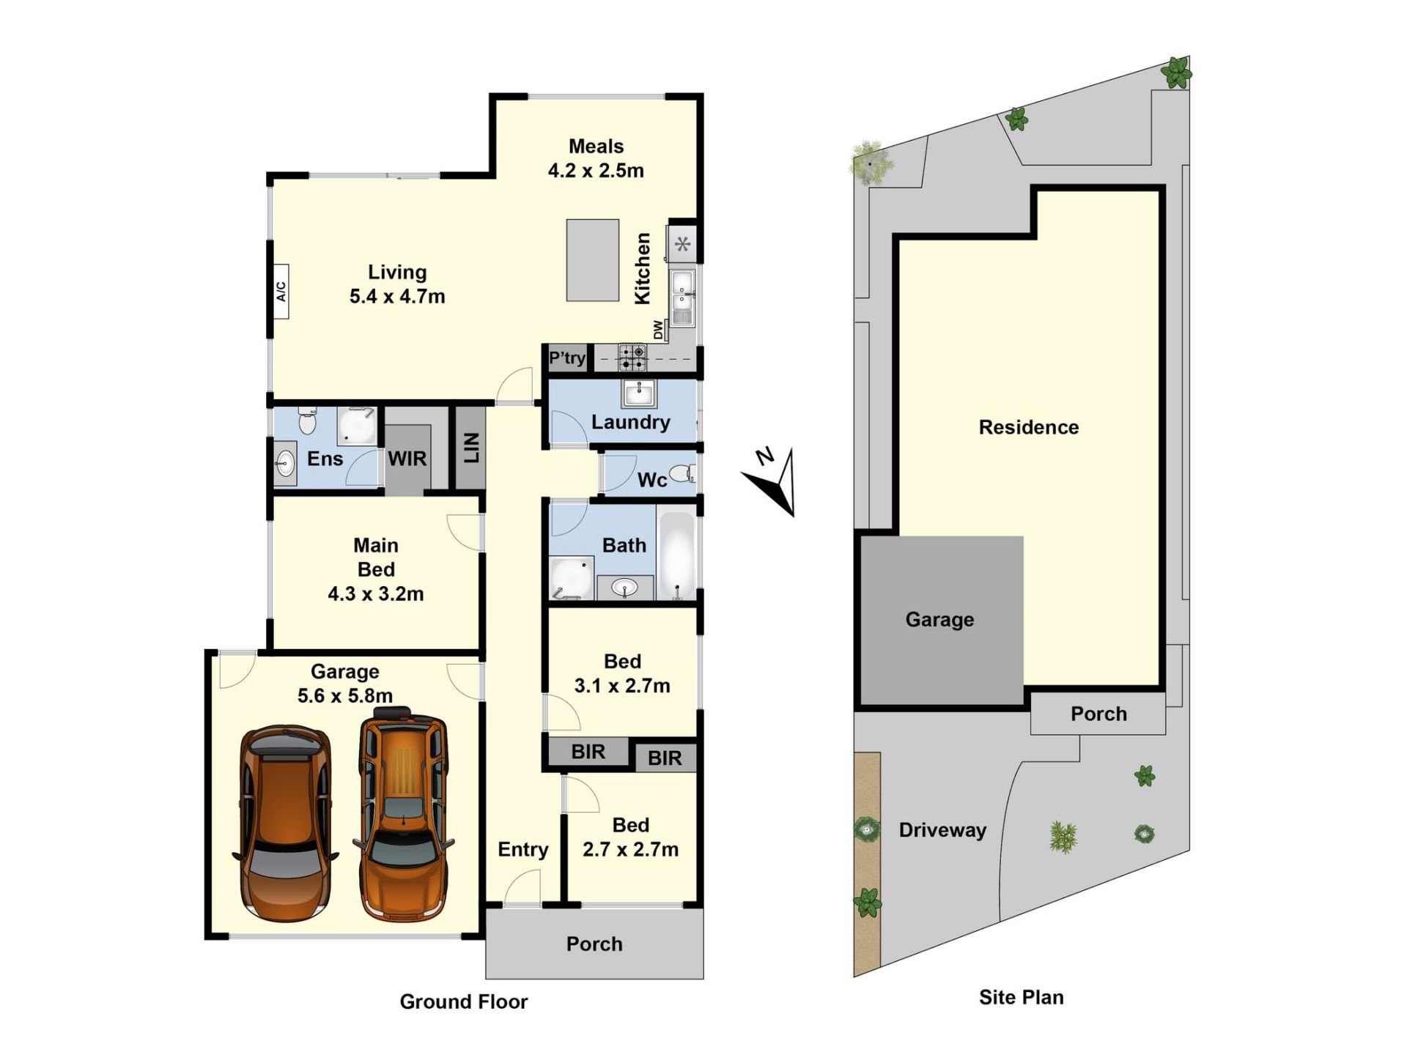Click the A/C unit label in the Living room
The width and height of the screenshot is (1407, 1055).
click(x=281, y=292)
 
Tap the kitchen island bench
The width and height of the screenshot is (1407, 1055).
click(x=593, y=260)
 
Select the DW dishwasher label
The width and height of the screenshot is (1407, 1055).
click(x=659, y=330)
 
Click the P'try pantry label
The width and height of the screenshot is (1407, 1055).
click(x=567, y=358)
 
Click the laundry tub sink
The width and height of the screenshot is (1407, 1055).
click(x=639, y=393)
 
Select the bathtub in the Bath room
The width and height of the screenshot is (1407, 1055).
click(x=676, y=555)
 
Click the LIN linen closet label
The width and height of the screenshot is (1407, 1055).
click(x=472, y=448)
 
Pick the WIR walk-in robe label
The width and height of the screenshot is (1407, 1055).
click(x=407, y=459)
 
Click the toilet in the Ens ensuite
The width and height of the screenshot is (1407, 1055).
click(x=307, y=421)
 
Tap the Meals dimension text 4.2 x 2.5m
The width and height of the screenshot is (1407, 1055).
click(x=596, y=171)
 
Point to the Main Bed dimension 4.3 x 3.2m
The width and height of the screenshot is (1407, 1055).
click(x=376, y=594)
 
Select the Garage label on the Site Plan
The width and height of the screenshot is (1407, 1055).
click(x=939, y=620)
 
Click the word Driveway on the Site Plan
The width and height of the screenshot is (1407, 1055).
click(x=942, y=830)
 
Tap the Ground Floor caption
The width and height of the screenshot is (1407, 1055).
click(x=464, y=1002)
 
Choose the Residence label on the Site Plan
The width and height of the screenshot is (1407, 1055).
click(x=1029, y=428)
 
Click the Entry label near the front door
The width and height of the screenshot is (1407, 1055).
click(x=523, y=850)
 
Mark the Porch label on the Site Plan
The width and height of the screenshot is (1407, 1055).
click(x=1098, y=714)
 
